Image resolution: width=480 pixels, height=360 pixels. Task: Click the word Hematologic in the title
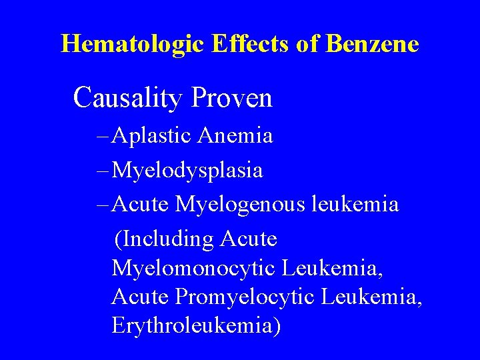(x=133, y=44)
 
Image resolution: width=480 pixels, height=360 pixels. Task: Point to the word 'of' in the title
(x=311, y=44)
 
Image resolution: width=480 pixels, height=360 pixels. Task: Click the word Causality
(x=128, y=98)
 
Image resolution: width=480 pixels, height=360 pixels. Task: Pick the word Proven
(x=231, y=98)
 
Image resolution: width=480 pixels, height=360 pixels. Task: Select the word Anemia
(x=236, y=136)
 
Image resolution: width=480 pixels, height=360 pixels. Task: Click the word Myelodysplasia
(x=187, y=171)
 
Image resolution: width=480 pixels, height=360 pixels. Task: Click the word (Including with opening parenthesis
(x=163, y=239)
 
